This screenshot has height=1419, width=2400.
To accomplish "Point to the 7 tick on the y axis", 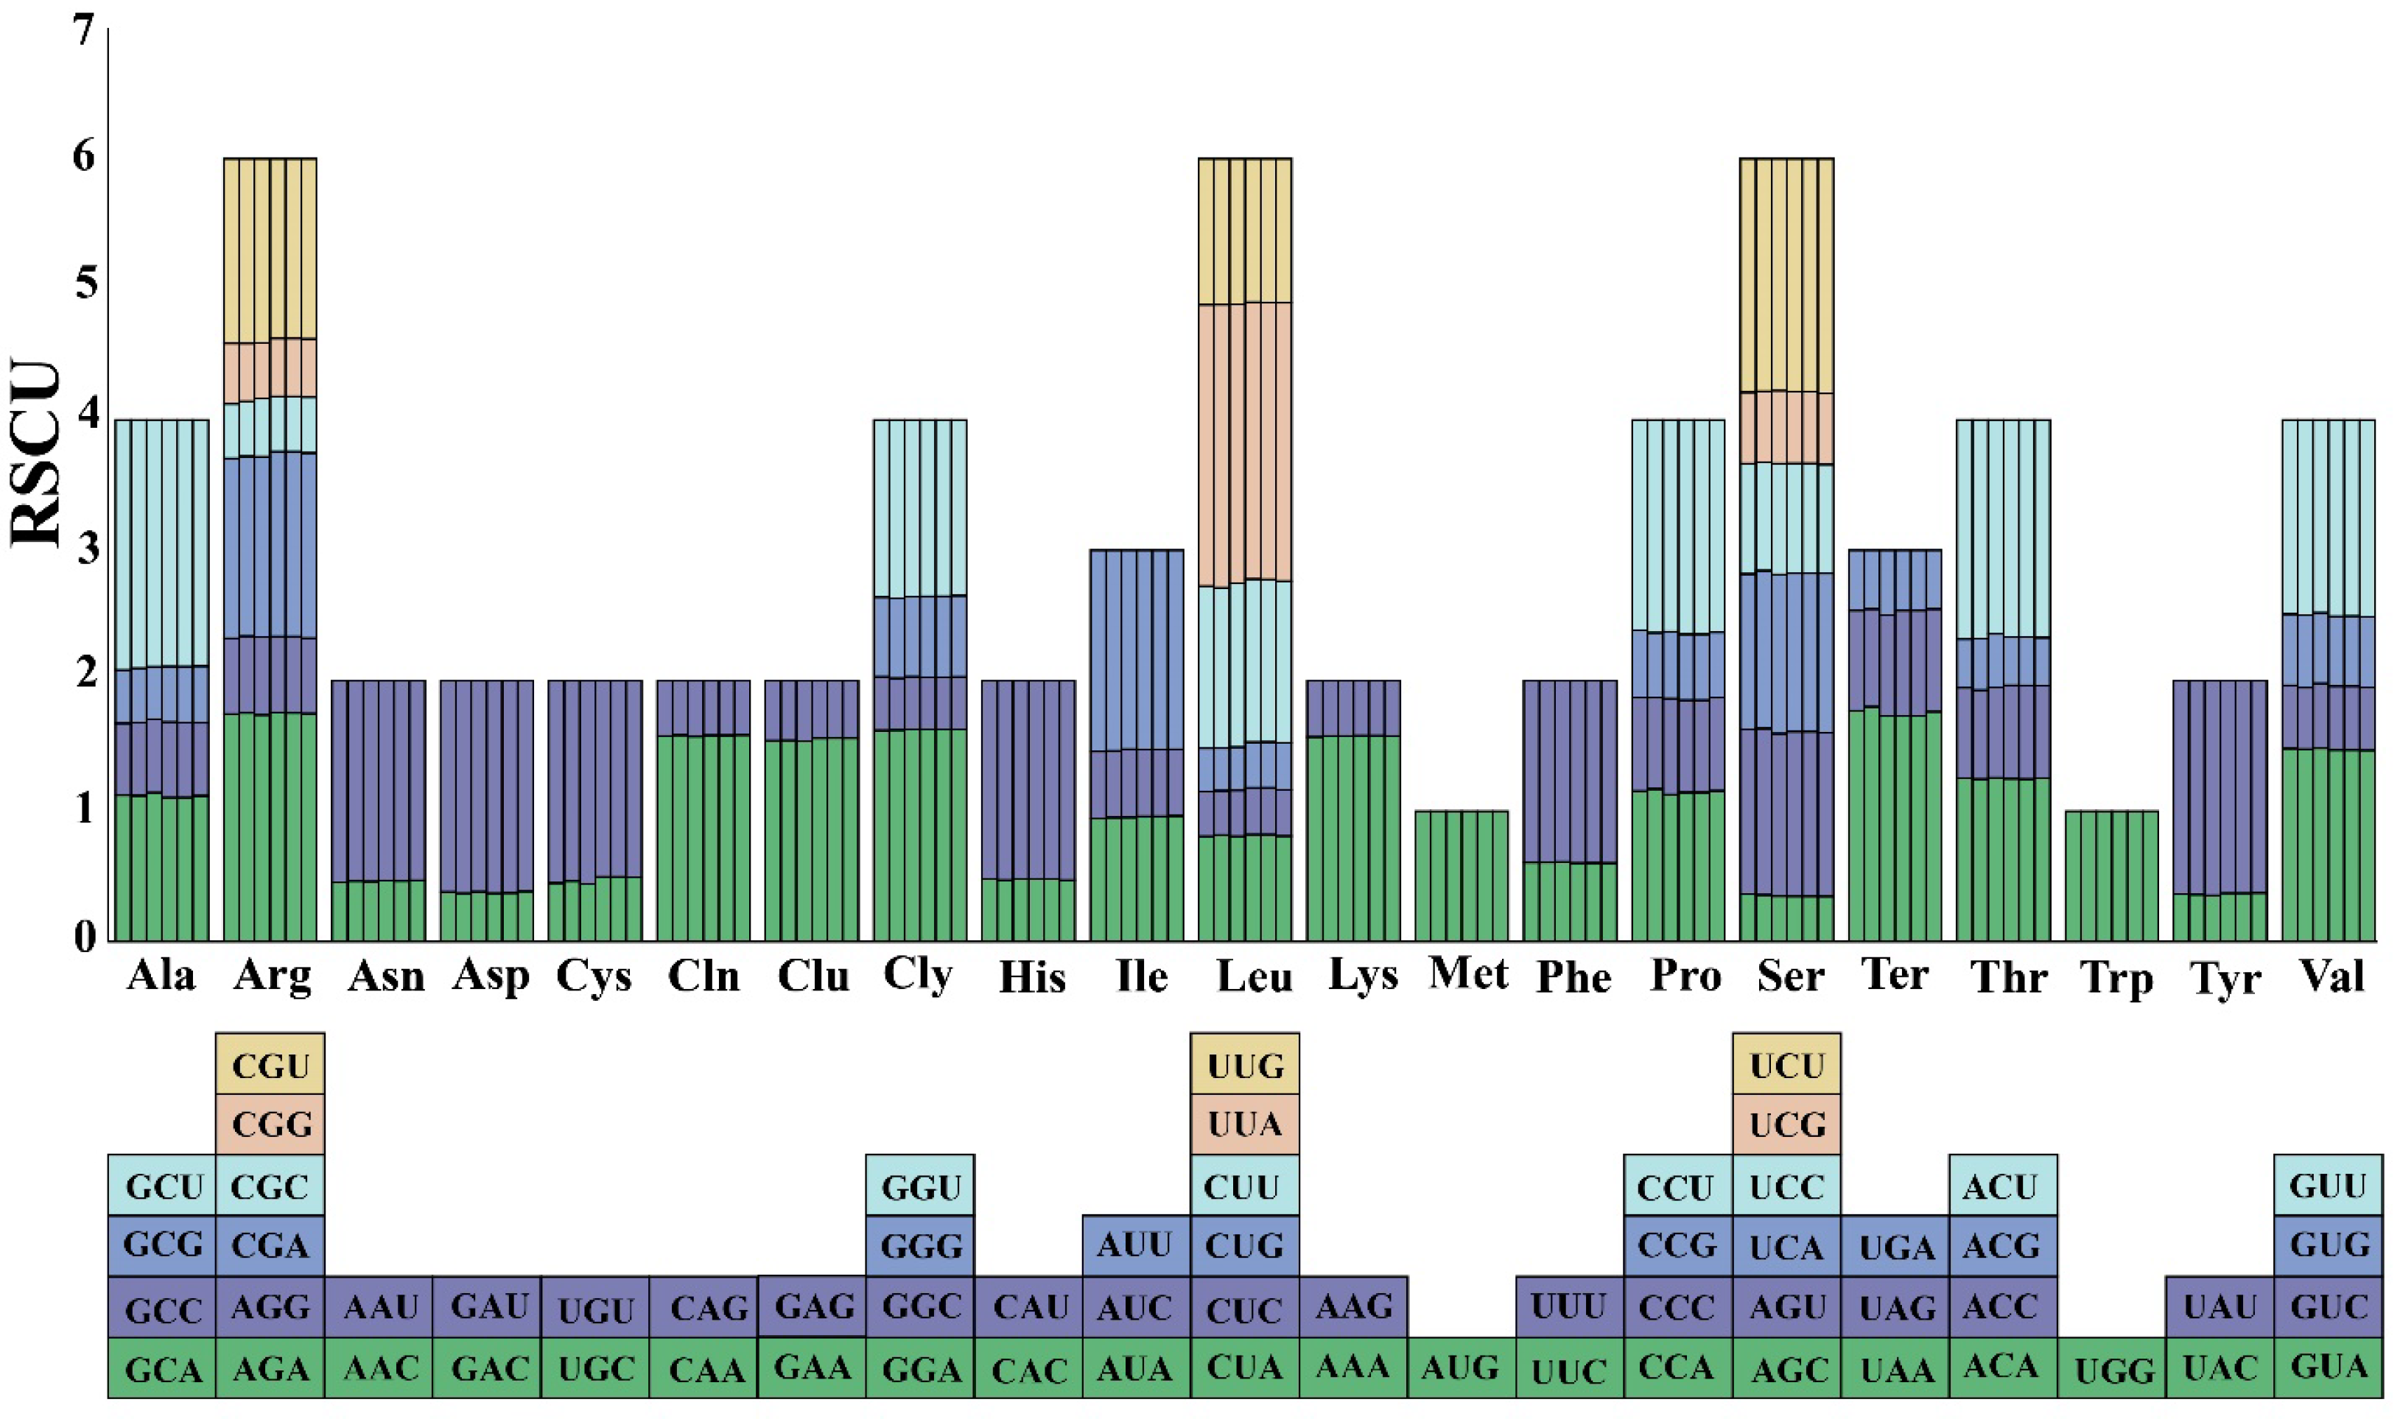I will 85,31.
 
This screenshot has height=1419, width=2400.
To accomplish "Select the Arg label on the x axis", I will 273,977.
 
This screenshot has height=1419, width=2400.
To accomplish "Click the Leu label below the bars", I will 1254,977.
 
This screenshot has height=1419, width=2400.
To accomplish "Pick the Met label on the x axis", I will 1467,974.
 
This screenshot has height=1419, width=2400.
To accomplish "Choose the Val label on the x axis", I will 2332,977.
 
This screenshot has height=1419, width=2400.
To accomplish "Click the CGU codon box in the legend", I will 270,1064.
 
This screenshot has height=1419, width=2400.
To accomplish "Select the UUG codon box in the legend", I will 1244,1064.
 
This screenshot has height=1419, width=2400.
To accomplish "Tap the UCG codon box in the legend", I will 1787,1124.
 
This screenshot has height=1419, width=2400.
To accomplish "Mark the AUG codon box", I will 1461,1368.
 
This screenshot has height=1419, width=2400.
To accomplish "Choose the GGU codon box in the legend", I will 920,1186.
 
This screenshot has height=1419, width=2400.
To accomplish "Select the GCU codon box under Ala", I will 163,1186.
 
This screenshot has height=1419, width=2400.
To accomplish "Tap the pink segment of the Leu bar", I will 1244,445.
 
